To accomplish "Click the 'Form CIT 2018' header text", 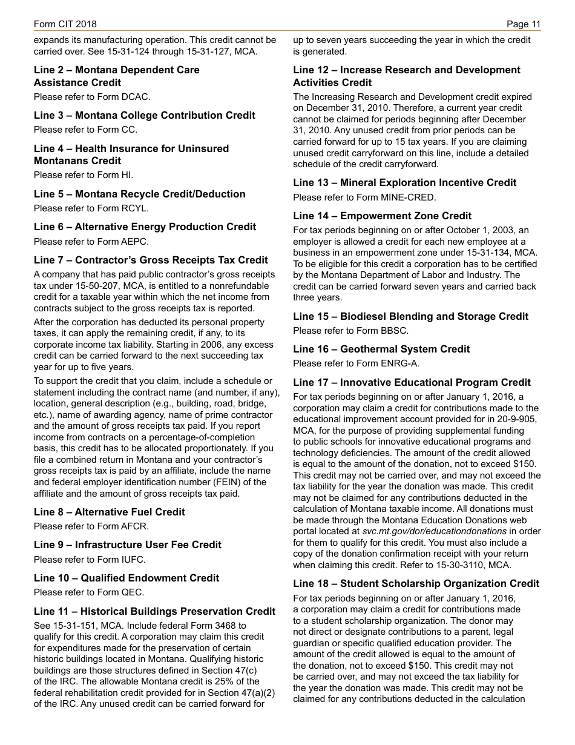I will [65, 24].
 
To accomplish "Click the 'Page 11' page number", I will [524, 24].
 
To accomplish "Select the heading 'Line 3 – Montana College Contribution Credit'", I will [145, 115].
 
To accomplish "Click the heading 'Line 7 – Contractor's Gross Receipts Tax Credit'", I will [151, 260].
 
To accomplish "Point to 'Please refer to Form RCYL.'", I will [91, 208].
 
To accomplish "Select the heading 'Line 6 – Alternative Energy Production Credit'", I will [145, 227].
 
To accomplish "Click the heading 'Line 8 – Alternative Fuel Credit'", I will [110, 512].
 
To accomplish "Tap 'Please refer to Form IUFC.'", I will [90, 560].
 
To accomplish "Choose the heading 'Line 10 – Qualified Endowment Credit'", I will [126, 578].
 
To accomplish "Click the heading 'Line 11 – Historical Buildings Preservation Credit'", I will [154, 611].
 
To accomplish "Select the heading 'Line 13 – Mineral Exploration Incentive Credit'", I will [404, 182].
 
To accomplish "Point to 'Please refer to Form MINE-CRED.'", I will [364, 197].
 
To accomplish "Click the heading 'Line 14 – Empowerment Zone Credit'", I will [382, 216].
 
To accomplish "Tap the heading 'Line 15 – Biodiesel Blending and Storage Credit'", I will [410, 316].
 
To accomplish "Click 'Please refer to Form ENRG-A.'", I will [356, 363].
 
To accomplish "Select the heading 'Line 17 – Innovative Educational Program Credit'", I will [412, 382].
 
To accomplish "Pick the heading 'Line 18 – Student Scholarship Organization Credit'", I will [416, 583].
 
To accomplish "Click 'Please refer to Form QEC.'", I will [89, 592].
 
